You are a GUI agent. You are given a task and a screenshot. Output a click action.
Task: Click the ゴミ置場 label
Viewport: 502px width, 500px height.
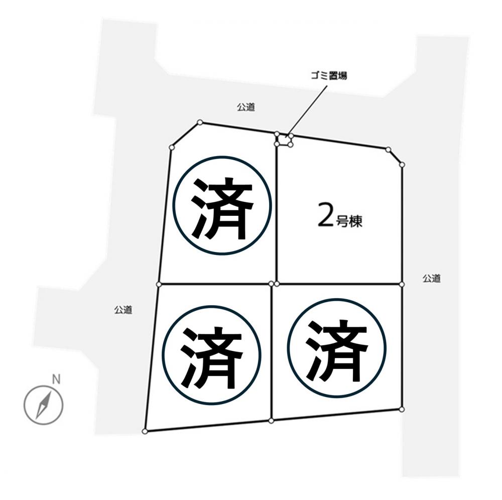(x=328, y=76)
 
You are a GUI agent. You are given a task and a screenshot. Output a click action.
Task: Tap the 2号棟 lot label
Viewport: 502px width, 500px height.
(x=340, y=219)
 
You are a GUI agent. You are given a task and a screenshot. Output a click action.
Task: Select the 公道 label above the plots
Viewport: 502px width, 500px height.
(x=246, y=107)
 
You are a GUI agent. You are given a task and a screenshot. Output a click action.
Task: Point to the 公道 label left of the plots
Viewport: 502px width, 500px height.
(x=123, y=310)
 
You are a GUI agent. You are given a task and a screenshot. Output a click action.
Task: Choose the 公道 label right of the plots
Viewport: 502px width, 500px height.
(x=432, y=278)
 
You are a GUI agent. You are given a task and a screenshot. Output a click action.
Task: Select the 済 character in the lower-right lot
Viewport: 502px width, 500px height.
(x=336, y=350)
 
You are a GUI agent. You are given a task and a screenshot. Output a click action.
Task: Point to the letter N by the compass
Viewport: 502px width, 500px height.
(x=56, y=380)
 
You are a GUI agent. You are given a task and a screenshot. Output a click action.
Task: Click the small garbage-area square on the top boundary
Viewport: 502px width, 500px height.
(x=284, y=140)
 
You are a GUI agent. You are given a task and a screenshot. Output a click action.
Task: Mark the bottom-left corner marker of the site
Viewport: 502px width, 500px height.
(x=145, y=432)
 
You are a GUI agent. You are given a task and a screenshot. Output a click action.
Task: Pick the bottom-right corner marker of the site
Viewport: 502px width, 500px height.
(x=402, y=410)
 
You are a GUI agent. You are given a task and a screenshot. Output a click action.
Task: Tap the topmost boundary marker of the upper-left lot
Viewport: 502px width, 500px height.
(x=200, y=122)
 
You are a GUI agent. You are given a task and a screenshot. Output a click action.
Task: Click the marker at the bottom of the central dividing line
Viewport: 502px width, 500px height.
(x=271, y=421)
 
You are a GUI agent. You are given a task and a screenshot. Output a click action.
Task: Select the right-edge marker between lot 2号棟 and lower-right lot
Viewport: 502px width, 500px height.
(x=402, y=284)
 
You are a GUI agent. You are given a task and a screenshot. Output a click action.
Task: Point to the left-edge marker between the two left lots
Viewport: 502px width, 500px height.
(x=159, y=284)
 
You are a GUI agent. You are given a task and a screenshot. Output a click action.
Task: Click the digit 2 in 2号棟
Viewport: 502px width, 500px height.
(x=326, y=219)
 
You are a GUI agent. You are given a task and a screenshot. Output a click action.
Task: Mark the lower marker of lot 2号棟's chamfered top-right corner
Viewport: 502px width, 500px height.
(x=403, y=165)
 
